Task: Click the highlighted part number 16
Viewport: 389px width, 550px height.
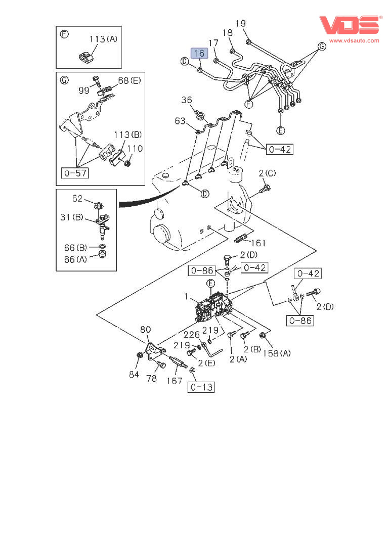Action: point(198,53)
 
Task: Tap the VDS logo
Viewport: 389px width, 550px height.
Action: point(349,25)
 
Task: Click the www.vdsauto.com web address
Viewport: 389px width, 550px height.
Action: point(354,40)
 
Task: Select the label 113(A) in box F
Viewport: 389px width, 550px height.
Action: point(103,39)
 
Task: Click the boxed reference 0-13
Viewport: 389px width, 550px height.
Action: point(201,387)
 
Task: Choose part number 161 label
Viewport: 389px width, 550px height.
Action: point(257,243)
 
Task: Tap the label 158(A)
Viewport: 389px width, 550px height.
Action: point(277,353)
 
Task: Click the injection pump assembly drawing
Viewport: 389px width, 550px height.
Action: point(213,308)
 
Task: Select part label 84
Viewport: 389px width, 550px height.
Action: point(133,374)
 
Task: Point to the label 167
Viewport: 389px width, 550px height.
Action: point(175,381)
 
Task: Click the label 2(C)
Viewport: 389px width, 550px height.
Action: point(268,173)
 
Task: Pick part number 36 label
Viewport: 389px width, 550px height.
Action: point(187,101)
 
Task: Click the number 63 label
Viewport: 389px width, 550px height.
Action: point(181,121)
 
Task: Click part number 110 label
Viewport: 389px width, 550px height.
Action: point(135,149)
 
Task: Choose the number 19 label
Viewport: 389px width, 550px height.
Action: point(241,23)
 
